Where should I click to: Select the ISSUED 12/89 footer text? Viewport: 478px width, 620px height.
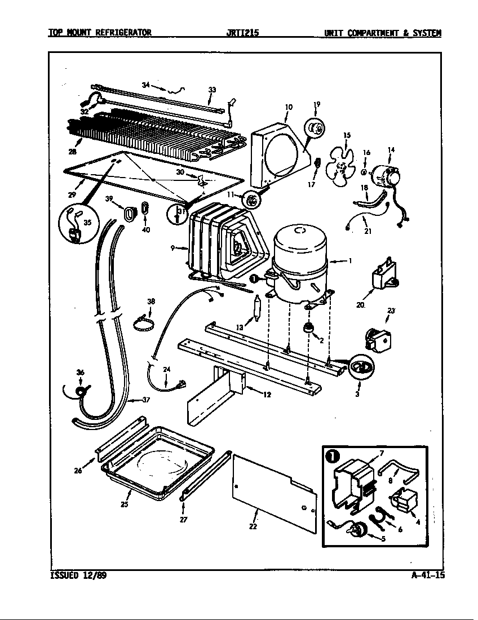coord(77,575)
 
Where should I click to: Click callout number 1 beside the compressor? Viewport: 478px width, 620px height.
coord(350,261)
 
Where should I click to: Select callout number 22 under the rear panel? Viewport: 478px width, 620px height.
coord(253,526)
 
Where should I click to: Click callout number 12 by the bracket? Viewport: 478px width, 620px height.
coord(267,395)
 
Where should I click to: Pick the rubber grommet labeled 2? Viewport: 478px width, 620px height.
coord(309,327)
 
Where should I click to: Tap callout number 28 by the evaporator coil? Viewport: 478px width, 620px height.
coord(72,151)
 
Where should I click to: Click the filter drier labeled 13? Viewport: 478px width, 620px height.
coord(256,309)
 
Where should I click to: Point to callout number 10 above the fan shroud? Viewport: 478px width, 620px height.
coord(289,106)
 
